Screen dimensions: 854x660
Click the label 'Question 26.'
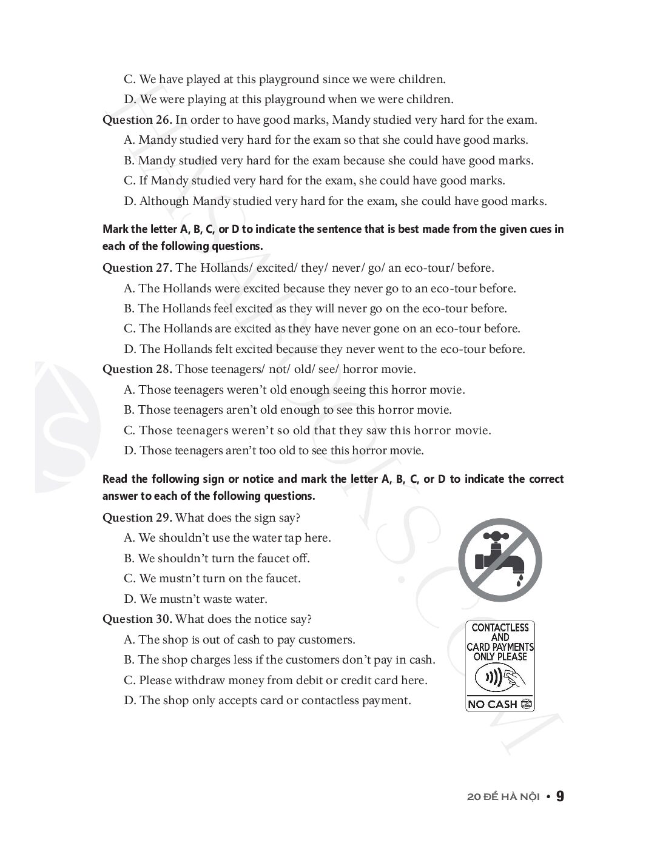[137, 120]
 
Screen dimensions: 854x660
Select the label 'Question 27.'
[137, 268]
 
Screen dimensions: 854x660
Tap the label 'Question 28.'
[137, 369]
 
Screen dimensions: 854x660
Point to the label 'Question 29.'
[137, 518]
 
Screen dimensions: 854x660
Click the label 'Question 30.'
[137, 619]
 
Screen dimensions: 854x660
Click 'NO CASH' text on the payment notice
[493, 704]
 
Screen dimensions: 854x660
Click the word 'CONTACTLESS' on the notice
[500, 628]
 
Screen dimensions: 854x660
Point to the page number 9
[560, 796]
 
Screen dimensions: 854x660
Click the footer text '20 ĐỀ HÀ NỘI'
[503, 797]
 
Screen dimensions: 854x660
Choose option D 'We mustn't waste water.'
[195, 599]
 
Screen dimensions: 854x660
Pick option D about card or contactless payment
[268, 701]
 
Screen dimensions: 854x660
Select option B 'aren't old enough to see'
[288, 410]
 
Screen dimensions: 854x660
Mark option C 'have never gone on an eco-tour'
[322, 329]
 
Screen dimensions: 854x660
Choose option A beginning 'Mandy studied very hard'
[326, 140]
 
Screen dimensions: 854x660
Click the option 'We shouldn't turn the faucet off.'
[217, 559]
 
